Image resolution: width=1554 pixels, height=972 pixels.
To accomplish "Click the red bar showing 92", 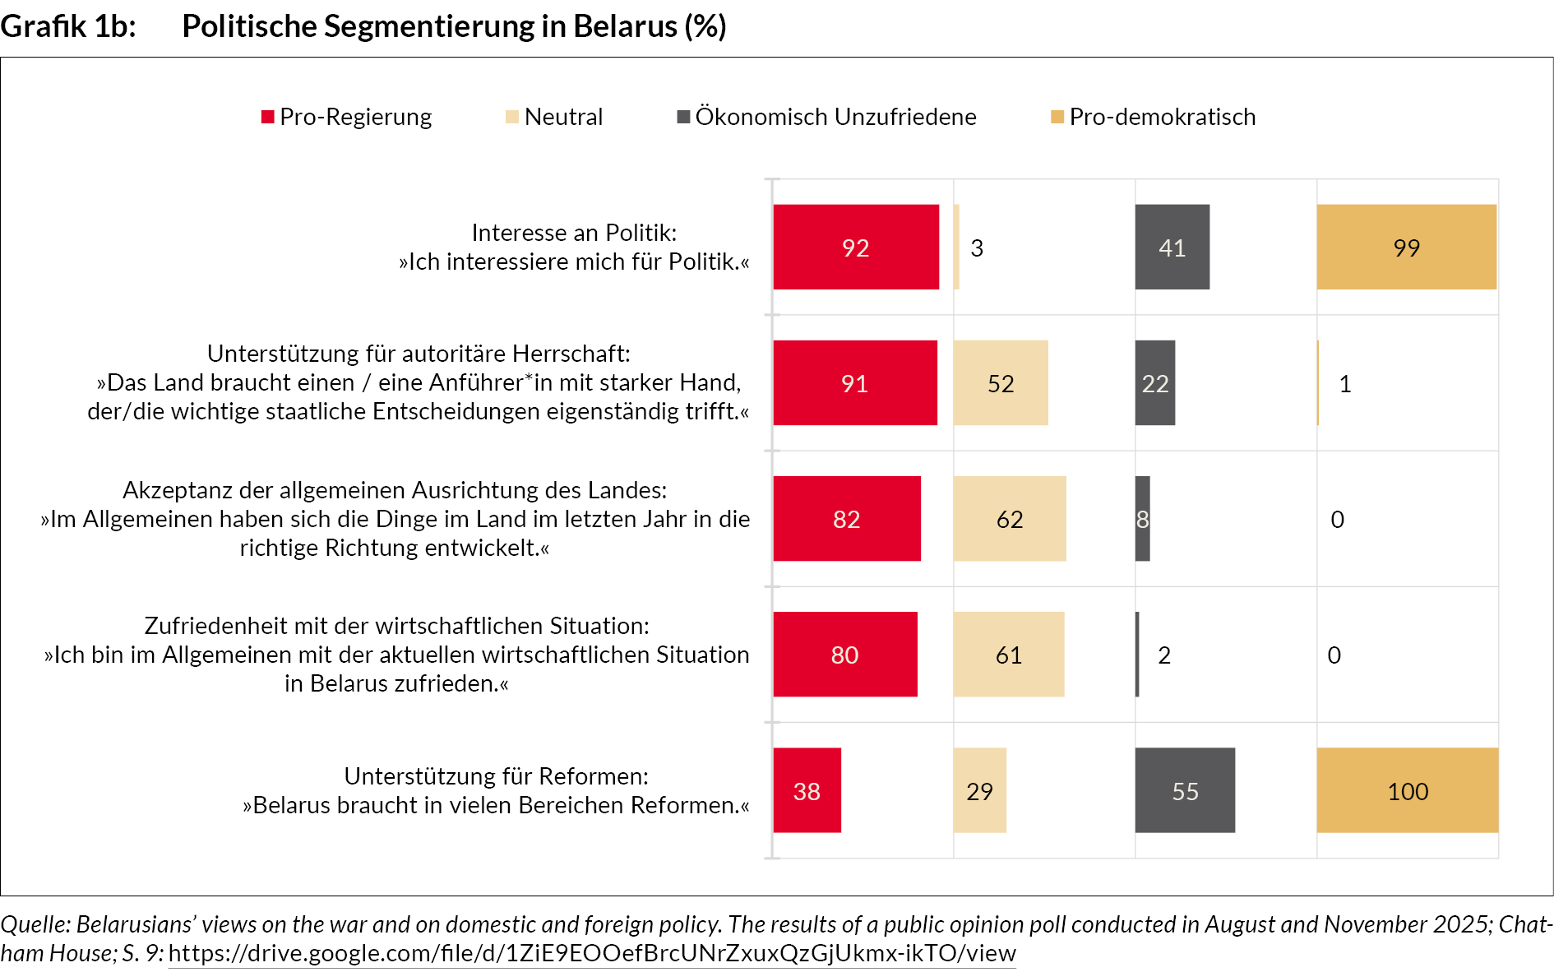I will pos(856,247).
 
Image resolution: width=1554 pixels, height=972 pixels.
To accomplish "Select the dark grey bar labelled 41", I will pos(1172,247).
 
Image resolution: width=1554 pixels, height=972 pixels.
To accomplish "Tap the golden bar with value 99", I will pos(1406,247).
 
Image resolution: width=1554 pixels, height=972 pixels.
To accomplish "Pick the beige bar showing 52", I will pos(1001,382).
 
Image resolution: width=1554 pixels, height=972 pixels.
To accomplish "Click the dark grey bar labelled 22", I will pos(1154,382).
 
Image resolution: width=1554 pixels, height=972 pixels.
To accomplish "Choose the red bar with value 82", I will pos(847,518).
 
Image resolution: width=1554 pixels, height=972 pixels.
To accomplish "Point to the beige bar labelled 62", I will pos(1010,518).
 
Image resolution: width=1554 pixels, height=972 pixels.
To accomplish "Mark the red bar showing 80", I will pos(845,654).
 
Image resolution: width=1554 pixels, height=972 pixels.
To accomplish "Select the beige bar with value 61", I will pos(1009,654).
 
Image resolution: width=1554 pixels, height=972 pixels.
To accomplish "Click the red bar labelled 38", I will pos(807,789).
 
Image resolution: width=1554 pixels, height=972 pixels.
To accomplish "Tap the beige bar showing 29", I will pos(979,789).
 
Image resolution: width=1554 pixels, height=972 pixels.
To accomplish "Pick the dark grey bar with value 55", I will pos(1185,789).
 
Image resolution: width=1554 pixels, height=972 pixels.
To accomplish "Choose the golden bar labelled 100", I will pos(1407,789).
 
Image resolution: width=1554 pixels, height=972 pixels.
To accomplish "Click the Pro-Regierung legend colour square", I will pos(267,117).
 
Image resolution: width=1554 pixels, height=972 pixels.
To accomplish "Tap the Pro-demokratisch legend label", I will pos(1162,117).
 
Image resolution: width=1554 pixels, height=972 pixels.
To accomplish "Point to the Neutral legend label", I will pos(563,117).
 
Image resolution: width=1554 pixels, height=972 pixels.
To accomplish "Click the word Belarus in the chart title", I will pos(625,26).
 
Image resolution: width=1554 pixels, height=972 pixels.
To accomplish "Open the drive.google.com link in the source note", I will pos(592,953).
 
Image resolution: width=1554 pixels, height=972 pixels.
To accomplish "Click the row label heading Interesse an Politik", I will pos(574,233).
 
